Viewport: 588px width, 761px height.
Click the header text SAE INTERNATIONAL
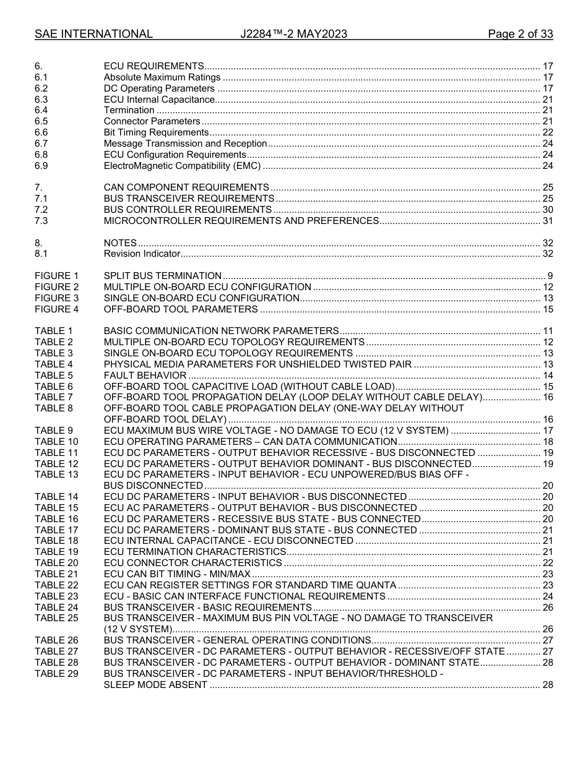93,34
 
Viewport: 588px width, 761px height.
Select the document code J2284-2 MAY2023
293,34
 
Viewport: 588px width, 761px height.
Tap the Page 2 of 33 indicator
520,34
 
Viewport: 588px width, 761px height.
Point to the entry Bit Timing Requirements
156,132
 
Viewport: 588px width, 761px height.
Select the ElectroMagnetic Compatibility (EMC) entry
182,166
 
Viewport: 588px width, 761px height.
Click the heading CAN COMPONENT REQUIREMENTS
186,187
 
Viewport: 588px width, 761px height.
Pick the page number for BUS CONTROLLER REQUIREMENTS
547,210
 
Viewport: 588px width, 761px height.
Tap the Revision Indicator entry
142,254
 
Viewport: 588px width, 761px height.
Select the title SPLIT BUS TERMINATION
162,276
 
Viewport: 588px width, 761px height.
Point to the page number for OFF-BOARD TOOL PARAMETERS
547,309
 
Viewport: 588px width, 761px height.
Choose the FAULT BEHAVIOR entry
145,376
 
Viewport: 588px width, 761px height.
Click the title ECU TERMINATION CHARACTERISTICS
195,552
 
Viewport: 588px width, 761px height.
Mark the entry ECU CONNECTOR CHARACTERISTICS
192,563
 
